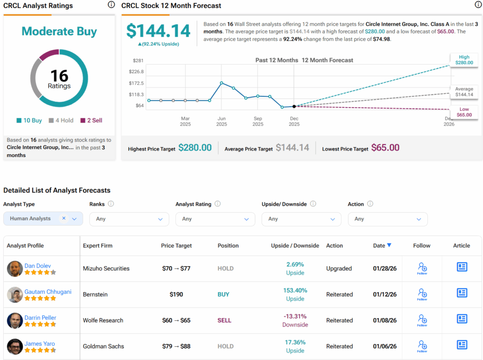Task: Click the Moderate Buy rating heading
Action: pos(59,32)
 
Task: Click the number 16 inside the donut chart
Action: pos(59,75)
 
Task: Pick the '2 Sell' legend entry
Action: pos(92,120)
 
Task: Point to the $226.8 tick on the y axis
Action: pos(136,72)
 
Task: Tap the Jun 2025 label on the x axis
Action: pos(222,121)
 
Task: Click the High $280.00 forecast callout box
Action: pos(464,59)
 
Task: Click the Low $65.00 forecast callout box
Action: pos(464,112)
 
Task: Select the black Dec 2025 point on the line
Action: pos(294,107)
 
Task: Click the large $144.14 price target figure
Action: pos(158,31)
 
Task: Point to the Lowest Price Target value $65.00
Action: pos(385,148)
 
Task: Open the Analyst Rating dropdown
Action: pos(215,219)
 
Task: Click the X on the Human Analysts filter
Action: pos(64,218)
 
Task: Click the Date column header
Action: pos(382,245)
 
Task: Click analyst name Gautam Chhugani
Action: pos(48,292)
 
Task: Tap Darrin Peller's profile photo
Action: pos(15,321)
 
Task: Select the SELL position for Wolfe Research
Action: pos(225,320)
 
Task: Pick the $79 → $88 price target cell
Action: pos(176,346)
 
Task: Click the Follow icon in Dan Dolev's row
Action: pos(422,268)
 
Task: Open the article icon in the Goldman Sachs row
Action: pos(462,345)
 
